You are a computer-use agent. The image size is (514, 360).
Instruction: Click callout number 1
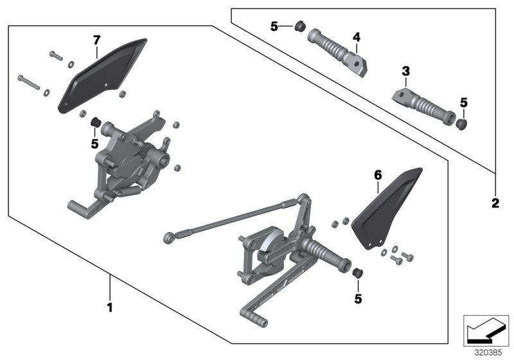click(x=109, y=308)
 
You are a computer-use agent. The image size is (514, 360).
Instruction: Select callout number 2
click(x=495, y=204)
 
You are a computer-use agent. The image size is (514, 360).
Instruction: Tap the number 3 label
click(x=405, y=70)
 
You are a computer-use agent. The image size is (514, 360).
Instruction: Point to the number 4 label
click(x=355, y=38)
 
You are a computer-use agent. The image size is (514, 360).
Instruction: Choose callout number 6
click(x=378, y=175)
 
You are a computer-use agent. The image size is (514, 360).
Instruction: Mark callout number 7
click(x=96, y=40)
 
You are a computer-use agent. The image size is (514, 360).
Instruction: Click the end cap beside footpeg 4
click(x=299, y=27)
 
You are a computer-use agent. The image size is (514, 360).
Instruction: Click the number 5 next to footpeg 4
click(x=274, y=27)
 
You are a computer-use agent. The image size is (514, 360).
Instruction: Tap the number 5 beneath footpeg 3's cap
click(x=465, y=102)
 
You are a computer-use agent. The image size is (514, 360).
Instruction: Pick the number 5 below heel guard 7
click(x=94, y=144)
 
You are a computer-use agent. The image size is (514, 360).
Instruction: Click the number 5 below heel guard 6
click(x=359, y=298)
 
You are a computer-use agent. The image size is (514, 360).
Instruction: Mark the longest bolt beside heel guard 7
click(x=30, y=82)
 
